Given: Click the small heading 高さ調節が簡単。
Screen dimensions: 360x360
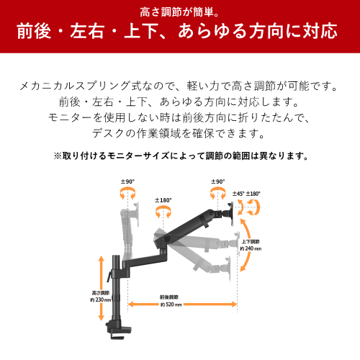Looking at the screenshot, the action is [x=179, y=12].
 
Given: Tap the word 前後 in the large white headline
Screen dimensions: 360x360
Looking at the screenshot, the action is [x=34, y=31].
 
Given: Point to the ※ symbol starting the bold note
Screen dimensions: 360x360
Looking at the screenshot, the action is [x=58, y=156].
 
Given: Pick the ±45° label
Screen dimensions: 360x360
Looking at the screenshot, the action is [x=238, y=194].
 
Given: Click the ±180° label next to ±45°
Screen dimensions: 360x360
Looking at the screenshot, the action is [x=253, y=194].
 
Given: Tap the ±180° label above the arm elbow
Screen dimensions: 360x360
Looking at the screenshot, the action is [x=163, y=200].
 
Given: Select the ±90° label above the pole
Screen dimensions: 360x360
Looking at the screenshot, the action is [x=127, y=181].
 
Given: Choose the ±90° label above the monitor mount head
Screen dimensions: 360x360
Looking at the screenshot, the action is [x=218, y=181].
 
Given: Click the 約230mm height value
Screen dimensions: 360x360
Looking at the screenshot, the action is [x=101, y=300].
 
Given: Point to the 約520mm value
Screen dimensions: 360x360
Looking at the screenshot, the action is [x=171, y=305].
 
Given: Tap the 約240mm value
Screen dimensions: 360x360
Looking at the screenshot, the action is [x=251, y=248].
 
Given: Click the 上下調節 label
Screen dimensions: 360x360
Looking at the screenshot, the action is [x=251, y=242].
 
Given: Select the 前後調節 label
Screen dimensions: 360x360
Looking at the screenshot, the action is [x=169, y=297].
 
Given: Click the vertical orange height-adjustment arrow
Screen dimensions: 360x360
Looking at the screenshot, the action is [x=102, y=288].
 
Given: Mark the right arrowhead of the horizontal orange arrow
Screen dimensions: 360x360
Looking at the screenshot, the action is [x=234, y=305].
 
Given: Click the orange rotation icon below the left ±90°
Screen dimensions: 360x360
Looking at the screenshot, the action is [x=127, y=194].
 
